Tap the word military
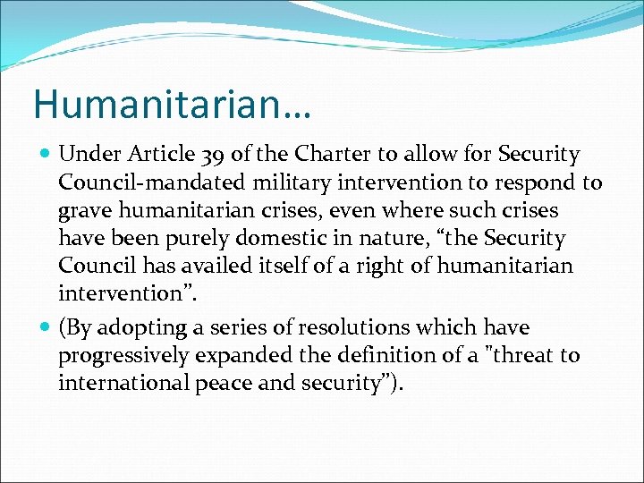click(x=280, y=182)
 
